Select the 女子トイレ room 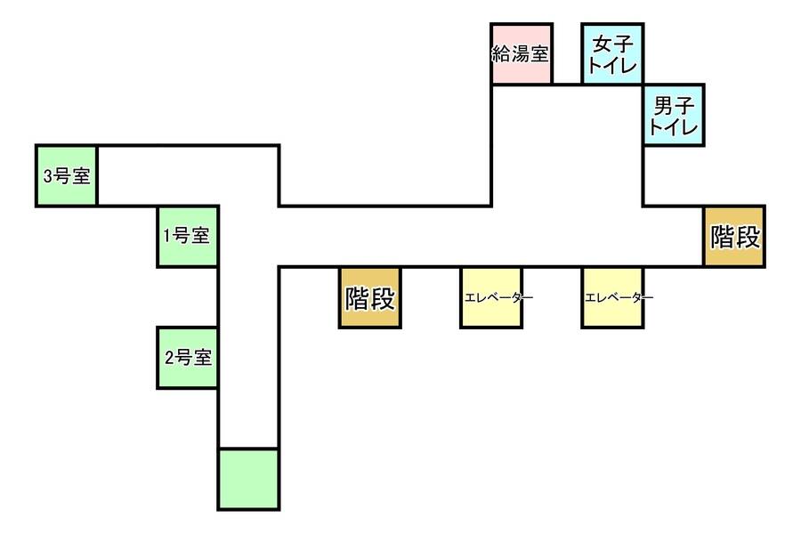click(x=612, y=54)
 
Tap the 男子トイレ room click(x=674, y=115)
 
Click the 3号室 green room click(x=67, y=175)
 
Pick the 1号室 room click(x=188, y=236)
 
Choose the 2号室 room click(x=188, y=358)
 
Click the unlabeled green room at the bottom click(x=248, y=479)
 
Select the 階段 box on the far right click(x=734, y=237)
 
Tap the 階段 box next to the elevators click(x=369, y=297)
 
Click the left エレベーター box click(x=490, y=297)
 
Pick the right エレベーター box click(x=612, y=297)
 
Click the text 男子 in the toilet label click(x=674, y=106)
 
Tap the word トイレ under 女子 click(x=612, y=64)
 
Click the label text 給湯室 click(x=521, y=53)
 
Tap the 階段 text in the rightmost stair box click(x=734, y=237)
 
